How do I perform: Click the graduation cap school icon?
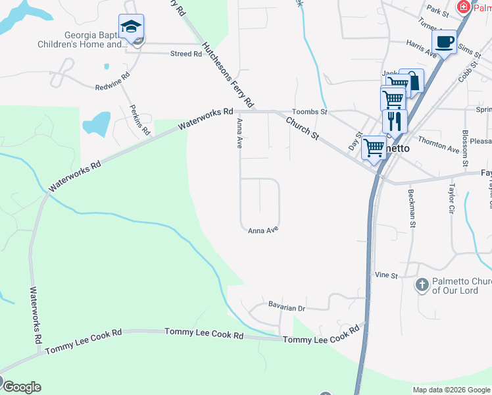(x=131, y=27)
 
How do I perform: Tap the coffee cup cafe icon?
(x=445, y=41)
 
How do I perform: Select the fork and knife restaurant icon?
(x=395, y=121)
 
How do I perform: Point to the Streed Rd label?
(x=185, y=54)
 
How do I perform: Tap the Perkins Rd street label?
(x=140, y=120)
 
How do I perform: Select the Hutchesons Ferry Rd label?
(x=228, y=75)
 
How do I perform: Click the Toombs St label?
(x=309, y=113)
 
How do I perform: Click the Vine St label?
(x=386, y=275)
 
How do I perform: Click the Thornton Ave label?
(x=438, y=145)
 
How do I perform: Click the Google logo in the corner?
(x=21, y=387)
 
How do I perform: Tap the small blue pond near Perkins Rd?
(x=97, y=123)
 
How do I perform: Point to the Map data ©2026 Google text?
(x=451, y=390)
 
